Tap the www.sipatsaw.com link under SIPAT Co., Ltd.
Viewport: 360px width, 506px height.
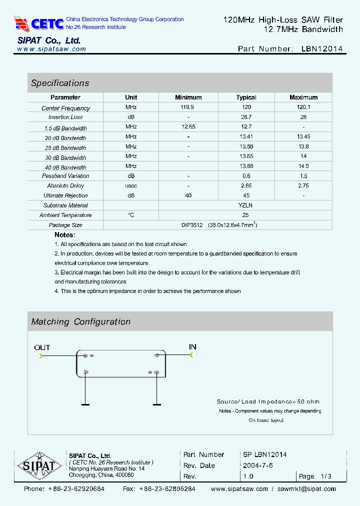click(x=51, y=49)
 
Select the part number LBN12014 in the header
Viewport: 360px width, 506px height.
click(x=322, y=49)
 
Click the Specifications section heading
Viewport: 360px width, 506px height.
click(x=60, y=83)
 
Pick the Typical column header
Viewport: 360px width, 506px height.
click(x=246, y=97)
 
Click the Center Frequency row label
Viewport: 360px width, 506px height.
click(x=65, y=108)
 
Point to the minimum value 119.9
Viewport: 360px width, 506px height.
click(x=188, y=107)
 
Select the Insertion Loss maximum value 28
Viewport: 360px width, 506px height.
click(x=303, y=117)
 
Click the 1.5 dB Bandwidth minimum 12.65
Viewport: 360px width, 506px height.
click(x=188, y=127)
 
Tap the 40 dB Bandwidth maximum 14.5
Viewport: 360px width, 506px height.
click(x=303, y=166)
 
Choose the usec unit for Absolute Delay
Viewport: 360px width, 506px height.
click(x=131, y=185)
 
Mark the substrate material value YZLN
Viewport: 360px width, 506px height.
click(x=245, y=205)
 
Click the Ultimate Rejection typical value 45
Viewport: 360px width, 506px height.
click(x=246, y=195)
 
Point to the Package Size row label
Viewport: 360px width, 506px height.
click(x=65, y=225)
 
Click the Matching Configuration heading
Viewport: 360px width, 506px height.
click(x=80, y=322)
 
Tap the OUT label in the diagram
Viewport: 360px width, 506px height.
click(x=42, y=347)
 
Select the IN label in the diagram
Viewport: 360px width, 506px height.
click(x=192, y=346)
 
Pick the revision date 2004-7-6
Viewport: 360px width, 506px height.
click(x=257, y=465)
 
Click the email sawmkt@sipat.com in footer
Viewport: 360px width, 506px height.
click(x=306, y=489)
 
